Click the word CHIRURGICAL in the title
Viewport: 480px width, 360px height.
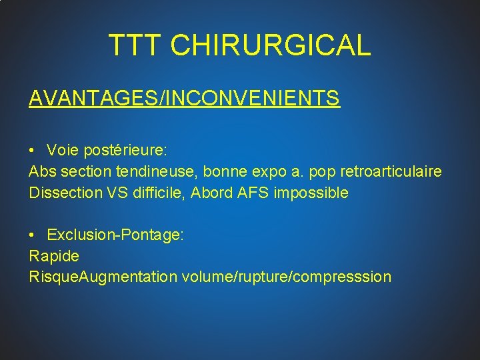click(271, 45)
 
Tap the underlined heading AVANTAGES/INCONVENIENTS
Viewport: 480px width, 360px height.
click(184, 99)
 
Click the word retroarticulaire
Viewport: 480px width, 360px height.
click(391, 172)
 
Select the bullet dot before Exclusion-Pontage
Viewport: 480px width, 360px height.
click(33, 235)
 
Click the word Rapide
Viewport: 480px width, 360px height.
click(54, 256)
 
